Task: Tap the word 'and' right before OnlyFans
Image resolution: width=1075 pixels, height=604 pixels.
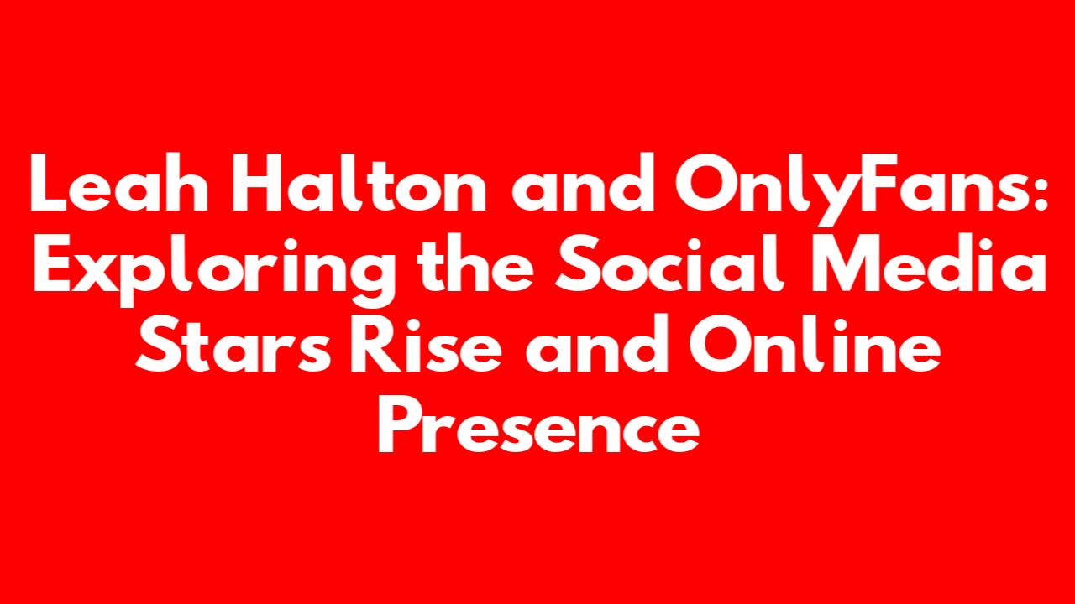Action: pos(583,183)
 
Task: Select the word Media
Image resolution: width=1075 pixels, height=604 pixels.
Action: pos(929,263)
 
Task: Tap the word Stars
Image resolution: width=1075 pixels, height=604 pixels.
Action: pos(233,344)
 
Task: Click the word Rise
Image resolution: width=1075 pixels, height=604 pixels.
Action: pos(426,344)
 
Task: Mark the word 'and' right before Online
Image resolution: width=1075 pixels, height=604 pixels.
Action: pos(597,344)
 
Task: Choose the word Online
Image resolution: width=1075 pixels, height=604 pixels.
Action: pos(815,344)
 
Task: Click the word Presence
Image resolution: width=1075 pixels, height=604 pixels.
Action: pos(538,424)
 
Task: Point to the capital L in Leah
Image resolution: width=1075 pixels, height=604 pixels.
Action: pos(47,183)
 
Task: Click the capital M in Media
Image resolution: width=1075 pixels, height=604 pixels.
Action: pos(847,263)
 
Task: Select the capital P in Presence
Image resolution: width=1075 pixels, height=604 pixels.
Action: pos(400,424)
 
